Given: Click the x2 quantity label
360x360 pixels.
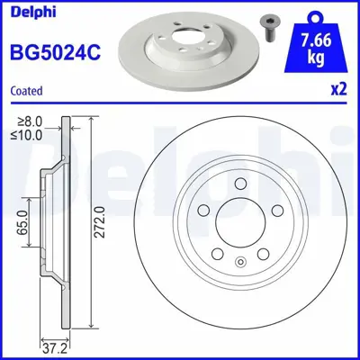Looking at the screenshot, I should pos(339,90).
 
